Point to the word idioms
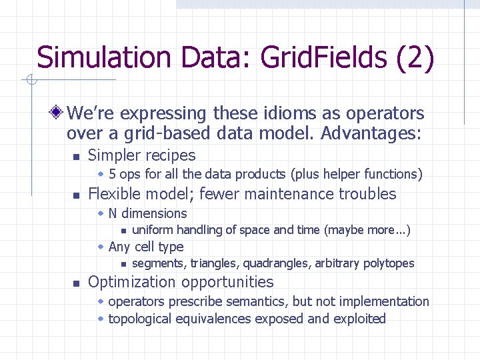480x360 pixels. point(286,113)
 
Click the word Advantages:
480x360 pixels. point(371,133)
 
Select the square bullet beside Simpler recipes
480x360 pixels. point(76,157)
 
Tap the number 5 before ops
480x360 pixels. point(113,175)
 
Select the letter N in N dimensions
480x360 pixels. point(113,213)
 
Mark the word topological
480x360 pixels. point(139,319)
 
